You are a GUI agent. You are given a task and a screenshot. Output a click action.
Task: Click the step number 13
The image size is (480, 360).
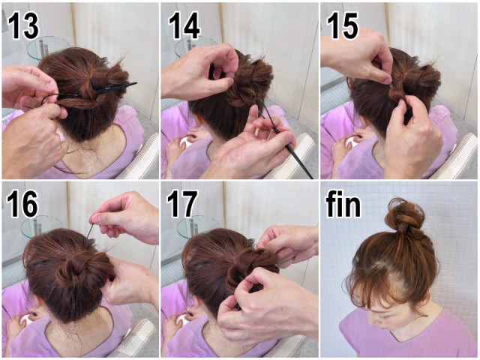coord(23,26)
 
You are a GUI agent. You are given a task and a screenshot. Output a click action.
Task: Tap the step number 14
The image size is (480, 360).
coord(184,26)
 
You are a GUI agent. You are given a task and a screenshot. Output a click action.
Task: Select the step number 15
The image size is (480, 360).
coord(343,26)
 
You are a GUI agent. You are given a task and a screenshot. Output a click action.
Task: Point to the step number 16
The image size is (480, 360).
coord(22,204)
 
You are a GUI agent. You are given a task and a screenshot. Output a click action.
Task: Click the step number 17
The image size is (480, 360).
coord(182,204)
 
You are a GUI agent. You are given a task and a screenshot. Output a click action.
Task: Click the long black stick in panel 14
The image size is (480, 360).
coord(285,138)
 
